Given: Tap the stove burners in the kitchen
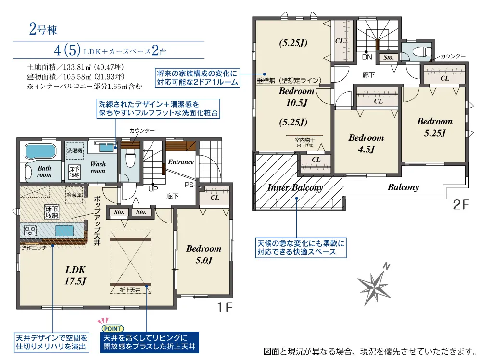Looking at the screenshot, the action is [x=30, y=231].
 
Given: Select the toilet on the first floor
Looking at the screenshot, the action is [x=130, y=158].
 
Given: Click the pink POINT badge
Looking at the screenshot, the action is [x=112, y=328].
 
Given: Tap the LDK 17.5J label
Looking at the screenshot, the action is [x=76, y=275].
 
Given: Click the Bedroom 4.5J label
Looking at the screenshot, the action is [x=366, y=143].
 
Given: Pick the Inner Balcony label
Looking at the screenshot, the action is [x=295, y=187].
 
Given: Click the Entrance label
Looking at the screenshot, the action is [x=181, y=161].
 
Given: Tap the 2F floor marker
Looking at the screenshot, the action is [x=461, y=205].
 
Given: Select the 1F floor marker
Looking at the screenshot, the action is [x=225, y=307].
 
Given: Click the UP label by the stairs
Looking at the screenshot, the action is [x=153, y=189].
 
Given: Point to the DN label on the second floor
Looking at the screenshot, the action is [x=367, y=57].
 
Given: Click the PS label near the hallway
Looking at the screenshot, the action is [x=189, y=185].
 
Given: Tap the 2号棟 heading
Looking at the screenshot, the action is [x=43, y=29].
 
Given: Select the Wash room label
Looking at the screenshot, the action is [x=98, y=167].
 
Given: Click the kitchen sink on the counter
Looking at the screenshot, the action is [x=64, y=231].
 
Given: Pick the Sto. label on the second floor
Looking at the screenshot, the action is [x=389, y=57].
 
